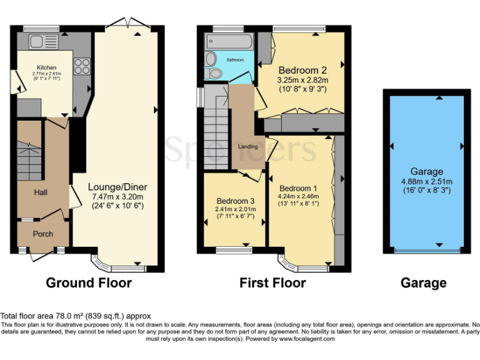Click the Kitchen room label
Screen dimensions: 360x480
click(46, 67)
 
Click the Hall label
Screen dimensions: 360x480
click(41, 192)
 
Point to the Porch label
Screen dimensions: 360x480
click(42, 234)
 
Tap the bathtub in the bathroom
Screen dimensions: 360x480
click(229, 42)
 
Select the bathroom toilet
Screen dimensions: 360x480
click(215, 74)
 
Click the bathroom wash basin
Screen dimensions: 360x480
click(211, 59)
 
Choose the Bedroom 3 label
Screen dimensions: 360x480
click(232, 201)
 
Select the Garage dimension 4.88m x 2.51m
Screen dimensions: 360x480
click(427, 181)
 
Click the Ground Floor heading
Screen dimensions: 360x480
click(89, 283)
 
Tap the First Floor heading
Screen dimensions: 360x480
click(272, 283)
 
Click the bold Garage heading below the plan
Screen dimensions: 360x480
click(423, 283)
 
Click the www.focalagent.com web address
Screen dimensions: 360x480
click(307, 339)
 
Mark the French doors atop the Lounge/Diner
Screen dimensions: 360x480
click(129, 24)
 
